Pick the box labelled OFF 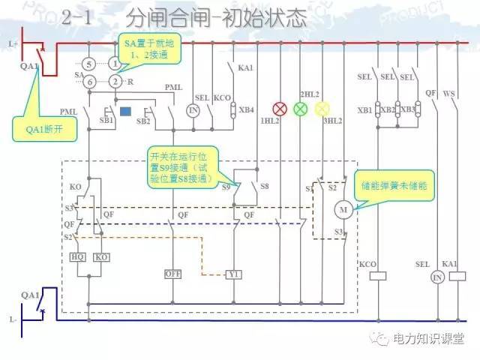coord(173,274)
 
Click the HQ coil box coord(77,256)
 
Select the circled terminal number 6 coord(88,81)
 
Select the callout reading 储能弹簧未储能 coord(391,184)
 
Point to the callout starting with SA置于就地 coord(148,49)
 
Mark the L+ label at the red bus coord(13,44)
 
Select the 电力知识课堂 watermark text coord(431,339)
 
